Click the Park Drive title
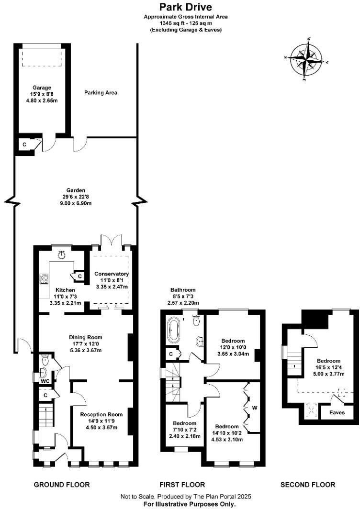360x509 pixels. click(185, 7)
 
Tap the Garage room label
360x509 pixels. click(42, 88)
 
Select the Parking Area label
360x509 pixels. click(101, 92)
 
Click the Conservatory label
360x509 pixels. click(112, 274)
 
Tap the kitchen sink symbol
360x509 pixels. click(61, 255)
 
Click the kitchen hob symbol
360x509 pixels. click(45, 279)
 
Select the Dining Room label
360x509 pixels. click(86, 337)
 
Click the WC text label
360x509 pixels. click(45, 381)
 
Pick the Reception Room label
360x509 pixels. click(101, 414)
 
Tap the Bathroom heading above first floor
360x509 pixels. click(183, 290)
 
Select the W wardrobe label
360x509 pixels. click(254, 408)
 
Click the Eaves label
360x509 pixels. click(337, 412)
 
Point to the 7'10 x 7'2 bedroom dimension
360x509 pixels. click(184, 430)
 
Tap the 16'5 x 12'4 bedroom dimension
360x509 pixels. click(328, 367)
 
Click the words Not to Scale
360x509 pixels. click(138, 497)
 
